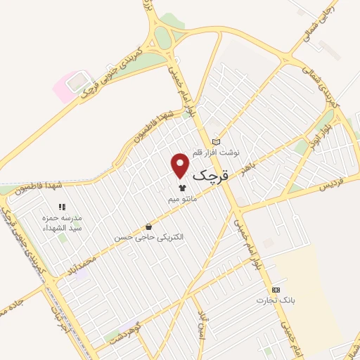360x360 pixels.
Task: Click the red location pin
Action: [181, 165]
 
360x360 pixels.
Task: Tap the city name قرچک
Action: [209, 173]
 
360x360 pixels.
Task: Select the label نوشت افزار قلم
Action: [219, 152]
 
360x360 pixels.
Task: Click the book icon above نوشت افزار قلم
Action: [216, 141]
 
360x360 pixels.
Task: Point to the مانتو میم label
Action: [182, 199]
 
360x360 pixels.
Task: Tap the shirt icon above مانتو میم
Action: [183, 188]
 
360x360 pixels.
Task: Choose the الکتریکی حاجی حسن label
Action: [149, 238]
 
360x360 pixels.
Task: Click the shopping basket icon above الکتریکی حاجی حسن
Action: [148, 227]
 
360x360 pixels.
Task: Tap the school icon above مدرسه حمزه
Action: [62, 207]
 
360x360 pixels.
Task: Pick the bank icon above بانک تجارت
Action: [276, 290]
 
